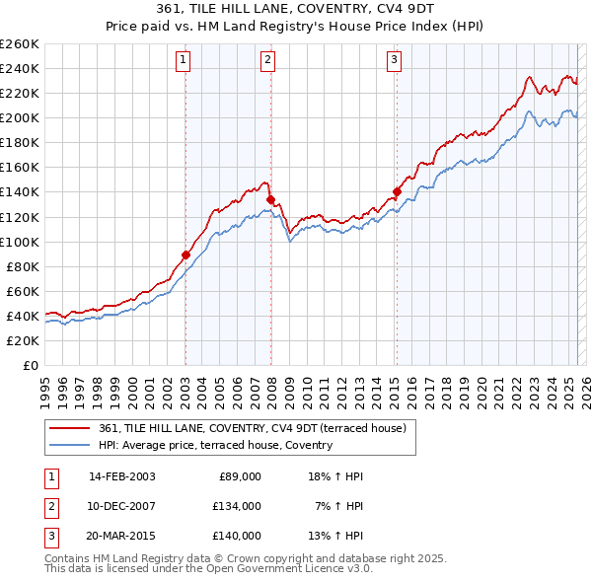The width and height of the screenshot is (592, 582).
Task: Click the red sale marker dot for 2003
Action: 185,255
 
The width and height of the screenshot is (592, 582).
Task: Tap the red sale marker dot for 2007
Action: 269,199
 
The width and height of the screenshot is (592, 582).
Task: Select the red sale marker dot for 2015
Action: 396,191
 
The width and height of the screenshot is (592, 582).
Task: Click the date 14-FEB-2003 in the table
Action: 121,476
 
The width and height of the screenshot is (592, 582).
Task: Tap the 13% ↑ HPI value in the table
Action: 336,536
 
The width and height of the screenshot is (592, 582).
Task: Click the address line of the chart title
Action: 296,9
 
